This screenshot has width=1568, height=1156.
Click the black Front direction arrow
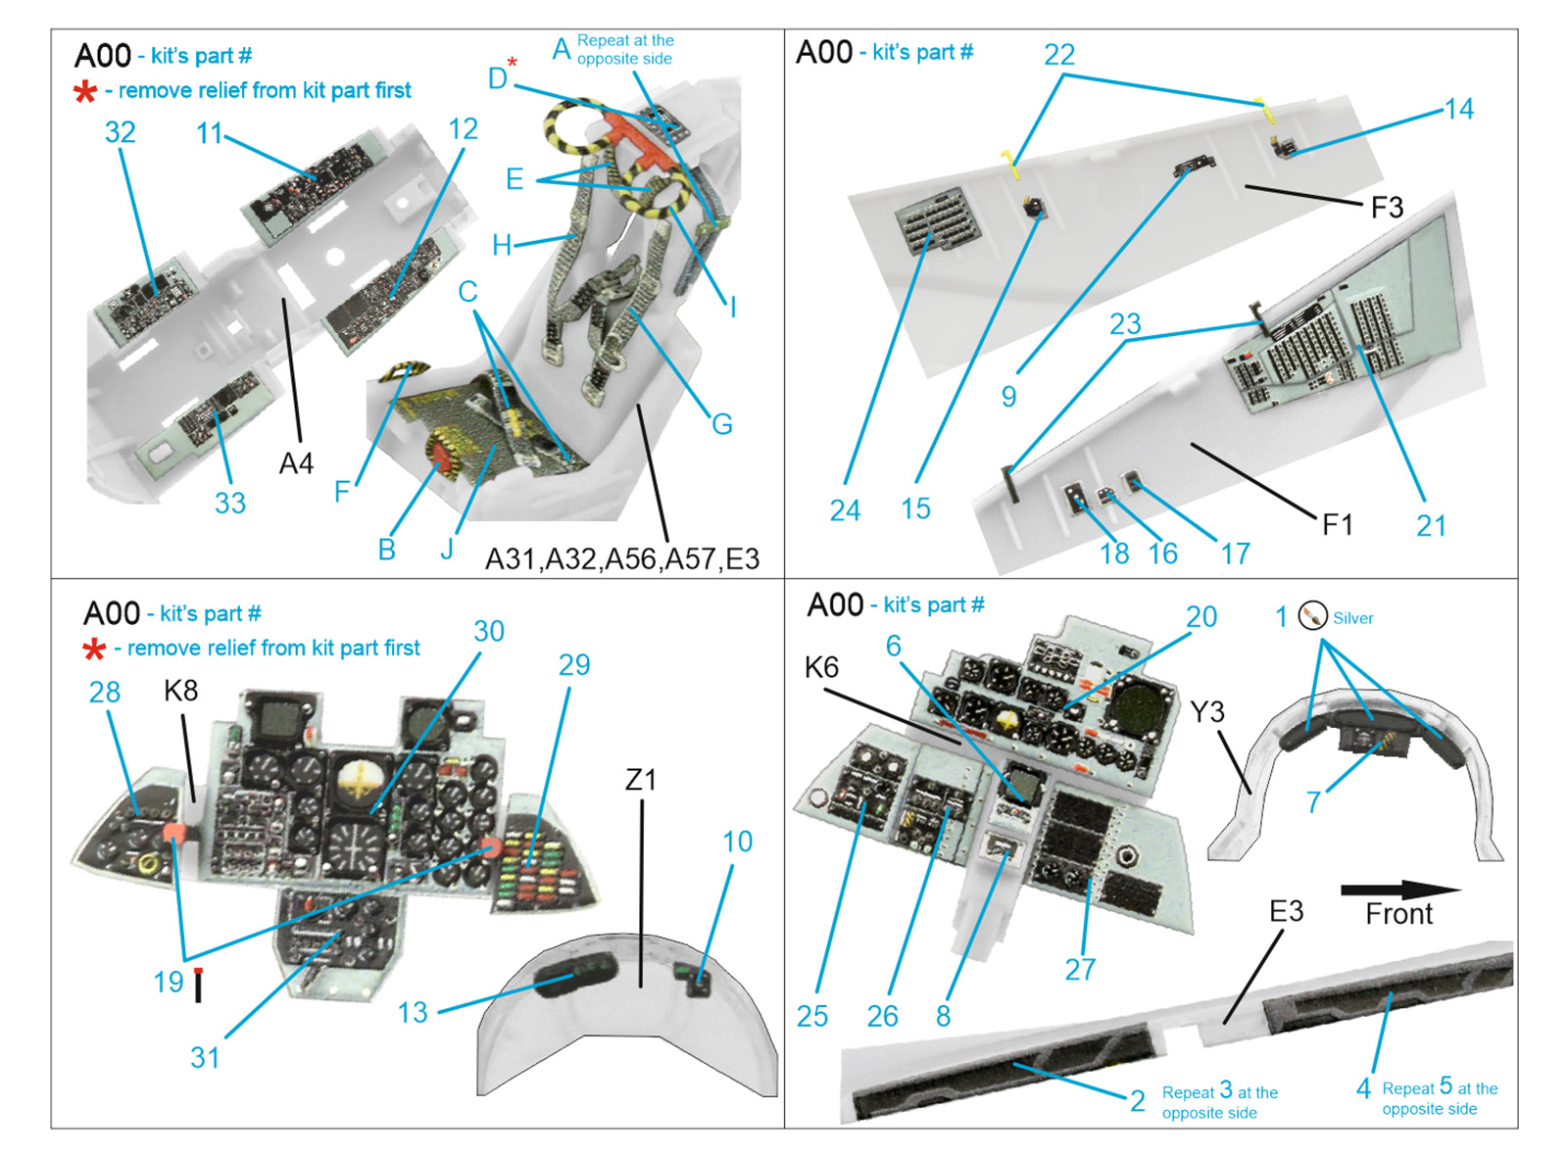tap(1399, 890)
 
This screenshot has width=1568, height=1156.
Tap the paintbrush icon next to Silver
tap(1312, 616)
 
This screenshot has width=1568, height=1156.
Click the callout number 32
tap(120, 132)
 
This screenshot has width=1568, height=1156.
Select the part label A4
tap(296, 463)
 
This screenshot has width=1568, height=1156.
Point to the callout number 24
tap(845, 510)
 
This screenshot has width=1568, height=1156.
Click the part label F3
tap(1387, 208)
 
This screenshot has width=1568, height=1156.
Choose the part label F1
tap(1338, 525)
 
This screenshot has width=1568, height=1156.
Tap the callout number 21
tap(1431, 526)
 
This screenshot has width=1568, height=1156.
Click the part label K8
tap(181, 691)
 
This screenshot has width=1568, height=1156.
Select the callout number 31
tap(205, 1058)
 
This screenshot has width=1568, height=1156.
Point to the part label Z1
tap(641, 780)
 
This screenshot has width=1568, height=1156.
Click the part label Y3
tap(1207, 712)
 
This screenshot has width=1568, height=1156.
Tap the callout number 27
tap(1080, 970)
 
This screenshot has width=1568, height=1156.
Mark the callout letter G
tap(722, 424)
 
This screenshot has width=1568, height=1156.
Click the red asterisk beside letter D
tap(513, 62)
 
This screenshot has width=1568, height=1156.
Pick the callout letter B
tap(387, 550)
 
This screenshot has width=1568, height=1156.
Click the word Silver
tap(1352, 618)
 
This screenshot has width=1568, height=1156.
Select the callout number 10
tap(737, 842)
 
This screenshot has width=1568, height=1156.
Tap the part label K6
tap(821, 667)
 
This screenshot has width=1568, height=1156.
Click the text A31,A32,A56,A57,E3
tap(622, 559)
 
